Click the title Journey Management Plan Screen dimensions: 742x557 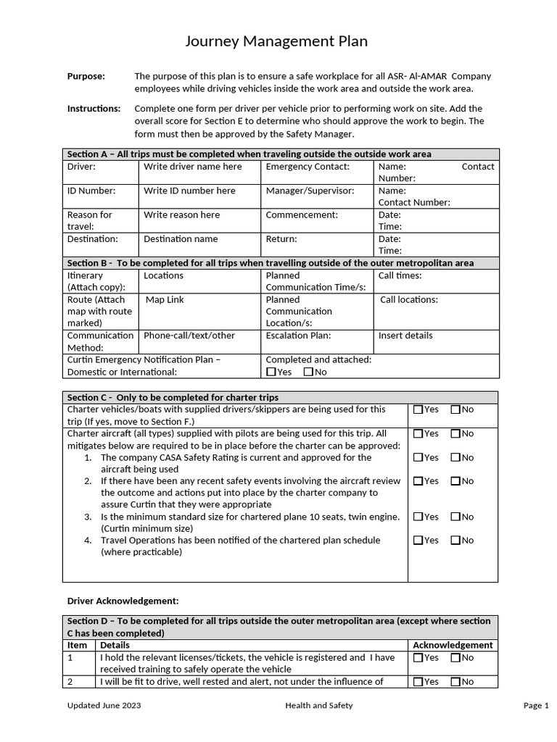tap(276, 42)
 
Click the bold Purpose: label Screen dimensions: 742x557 tap(86, 76)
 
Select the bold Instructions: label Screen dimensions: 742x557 tap(94, 109)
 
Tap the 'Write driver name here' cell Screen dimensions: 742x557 tap(192, 167)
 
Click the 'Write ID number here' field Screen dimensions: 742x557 tap(189, 191)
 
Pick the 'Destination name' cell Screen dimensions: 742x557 tap(180, 238)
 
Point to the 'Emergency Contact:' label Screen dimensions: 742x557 tap(308, 167)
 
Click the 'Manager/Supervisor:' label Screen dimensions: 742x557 tap(310, 191)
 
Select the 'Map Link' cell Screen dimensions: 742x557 tap(165, 299)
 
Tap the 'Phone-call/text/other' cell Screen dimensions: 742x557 tap(189, 335)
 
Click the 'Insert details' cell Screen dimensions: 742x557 tap(405, 335)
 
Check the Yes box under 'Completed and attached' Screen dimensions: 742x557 tap(271, 372)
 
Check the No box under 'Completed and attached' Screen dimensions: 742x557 tap(308, 372)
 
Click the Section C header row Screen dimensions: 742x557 tap(280, 397)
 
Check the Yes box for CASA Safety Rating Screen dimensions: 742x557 tap(418, 457)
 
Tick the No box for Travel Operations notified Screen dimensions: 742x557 tap(455, 540)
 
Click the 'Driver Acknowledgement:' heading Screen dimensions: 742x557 tap(123, 601)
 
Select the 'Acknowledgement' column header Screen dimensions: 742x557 tap(453, 645)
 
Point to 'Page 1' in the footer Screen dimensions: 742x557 tap(536, 705)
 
